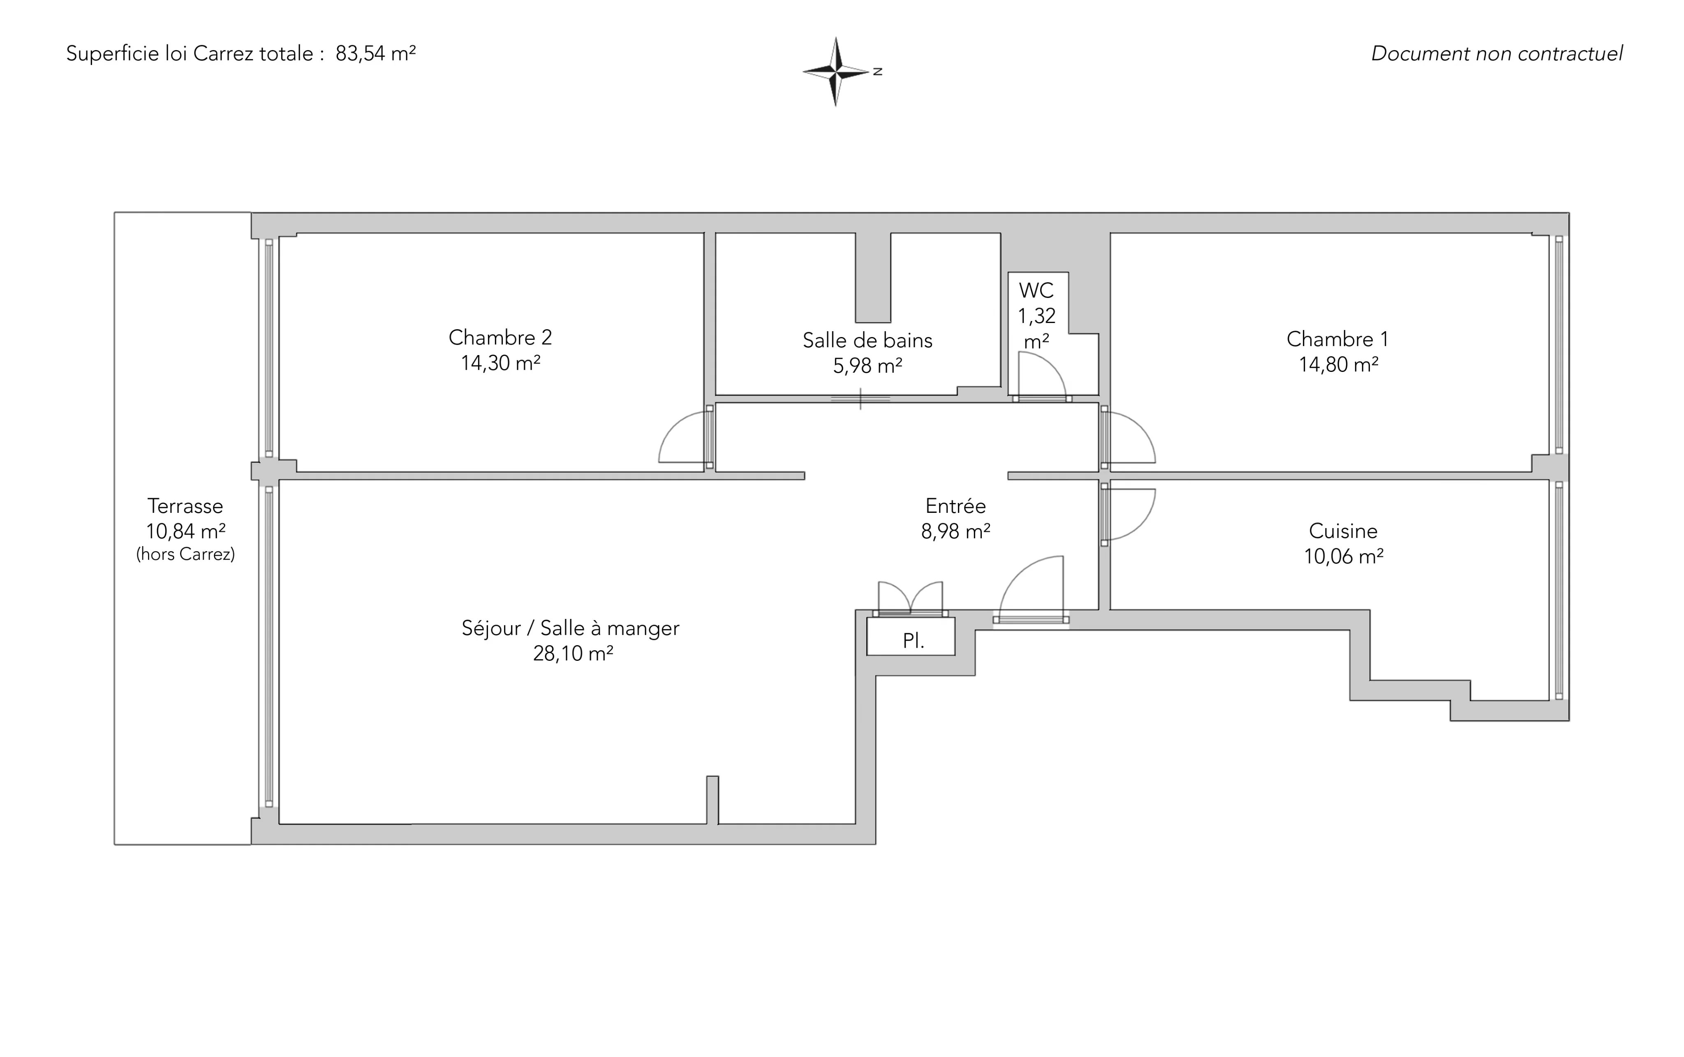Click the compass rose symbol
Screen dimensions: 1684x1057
836,72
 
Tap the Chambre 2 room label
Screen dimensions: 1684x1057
500,338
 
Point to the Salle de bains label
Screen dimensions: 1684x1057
867,340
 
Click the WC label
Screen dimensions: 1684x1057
1036,290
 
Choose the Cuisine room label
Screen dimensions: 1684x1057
1343,531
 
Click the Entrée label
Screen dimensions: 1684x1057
955,506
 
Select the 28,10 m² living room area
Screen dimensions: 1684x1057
573,653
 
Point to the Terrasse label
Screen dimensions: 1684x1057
185,506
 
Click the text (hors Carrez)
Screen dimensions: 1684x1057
185,554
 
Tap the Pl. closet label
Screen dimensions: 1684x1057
914,641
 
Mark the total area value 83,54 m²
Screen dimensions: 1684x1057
375,54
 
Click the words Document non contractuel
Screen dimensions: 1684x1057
1497,54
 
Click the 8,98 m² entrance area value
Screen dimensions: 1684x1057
955,532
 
